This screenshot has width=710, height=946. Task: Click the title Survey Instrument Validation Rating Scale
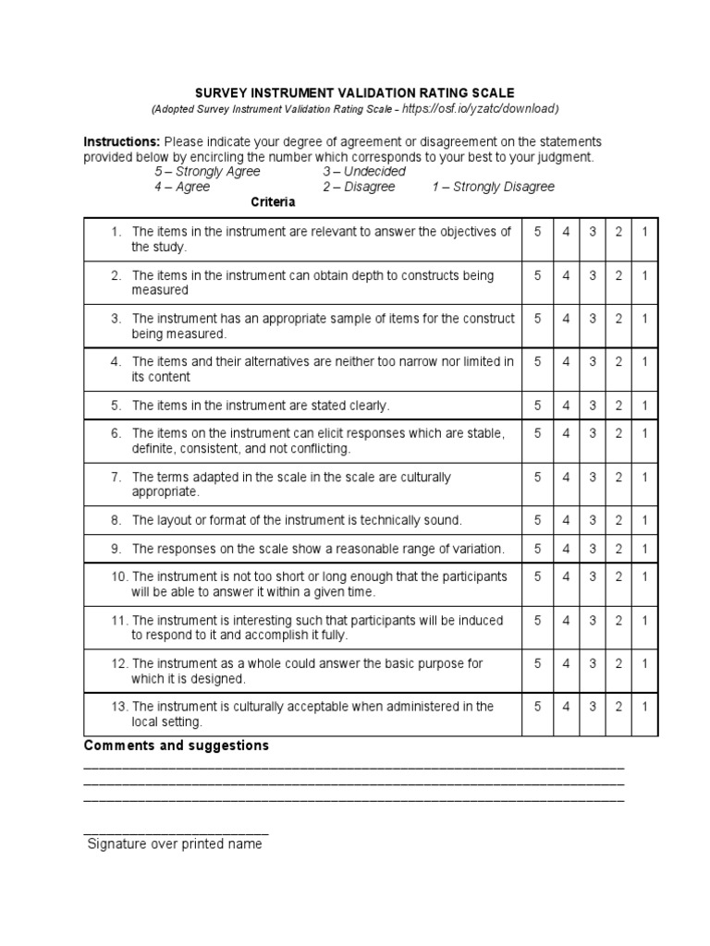(354, 93)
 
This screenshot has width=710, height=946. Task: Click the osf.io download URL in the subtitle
(482, 109)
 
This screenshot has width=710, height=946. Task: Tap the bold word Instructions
(122, 141)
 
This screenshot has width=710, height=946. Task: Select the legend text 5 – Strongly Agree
(207, 172)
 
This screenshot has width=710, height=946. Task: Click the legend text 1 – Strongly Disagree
(493, 187)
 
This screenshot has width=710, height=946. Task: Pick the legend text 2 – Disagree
(359, 187)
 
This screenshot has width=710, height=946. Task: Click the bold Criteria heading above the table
(273, 201)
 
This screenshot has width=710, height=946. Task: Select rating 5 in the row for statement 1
(537, 232)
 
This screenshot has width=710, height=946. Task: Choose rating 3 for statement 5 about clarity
(593, 406)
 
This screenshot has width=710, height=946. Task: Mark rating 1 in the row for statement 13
(645, 706)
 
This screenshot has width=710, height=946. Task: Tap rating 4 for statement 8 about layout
(566, 520)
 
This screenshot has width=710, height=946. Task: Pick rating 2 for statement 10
(618, 576)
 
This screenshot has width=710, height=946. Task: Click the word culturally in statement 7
(420, 478)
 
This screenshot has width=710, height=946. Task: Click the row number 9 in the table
(116, 549)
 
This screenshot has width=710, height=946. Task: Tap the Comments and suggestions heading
(177, 746)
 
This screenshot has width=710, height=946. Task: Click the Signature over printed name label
(175, 843)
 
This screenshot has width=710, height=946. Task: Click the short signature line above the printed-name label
(176, 831)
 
